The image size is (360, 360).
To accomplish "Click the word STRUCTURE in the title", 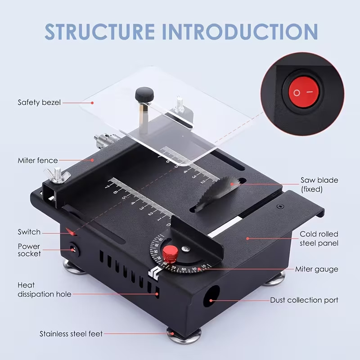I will pyautogui.click(x=99, y=31).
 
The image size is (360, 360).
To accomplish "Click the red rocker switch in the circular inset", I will pyautogui.click(x=303, y=92).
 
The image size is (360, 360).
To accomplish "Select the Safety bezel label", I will pyautogui.click(x=39, y=103).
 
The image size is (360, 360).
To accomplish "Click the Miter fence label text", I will pyautogui.click(x=38, y=160).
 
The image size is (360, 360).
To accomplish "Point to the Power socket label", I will pyautogui.click(x=29, y=250).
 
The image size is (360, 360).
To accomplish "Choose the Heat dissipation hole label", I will pyautogui.click(x=44, y=290).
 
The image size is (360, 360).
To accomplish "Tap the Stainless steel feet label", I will pyautogui.click(x=71, y=334).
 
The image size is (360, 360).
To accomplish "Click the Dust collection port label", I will pyautogui.click(x=304, y=300).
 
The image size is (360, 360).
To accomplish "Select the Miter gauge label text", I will pyautogui.click(x=316, y=270).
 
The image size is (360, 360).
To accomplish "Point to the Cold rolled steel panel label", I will pyautogui.click(x=319, y=238).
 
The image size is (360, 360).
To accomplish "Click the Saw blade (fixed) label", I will pyautogui.click(x=319, y=185).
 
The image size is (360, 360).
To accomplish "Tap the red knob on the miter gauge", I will pyautogui.click(x=170, y=254).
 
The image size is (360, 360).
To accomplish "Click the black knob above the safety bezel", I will pyautogui.click(x=143, y=95).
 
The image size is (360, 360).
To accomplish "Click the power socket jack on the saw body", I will pyautogui.click(x=72, y=248).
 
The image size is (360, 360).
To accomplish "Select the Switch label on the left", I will pyautogui.click(x=29, y=232).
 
